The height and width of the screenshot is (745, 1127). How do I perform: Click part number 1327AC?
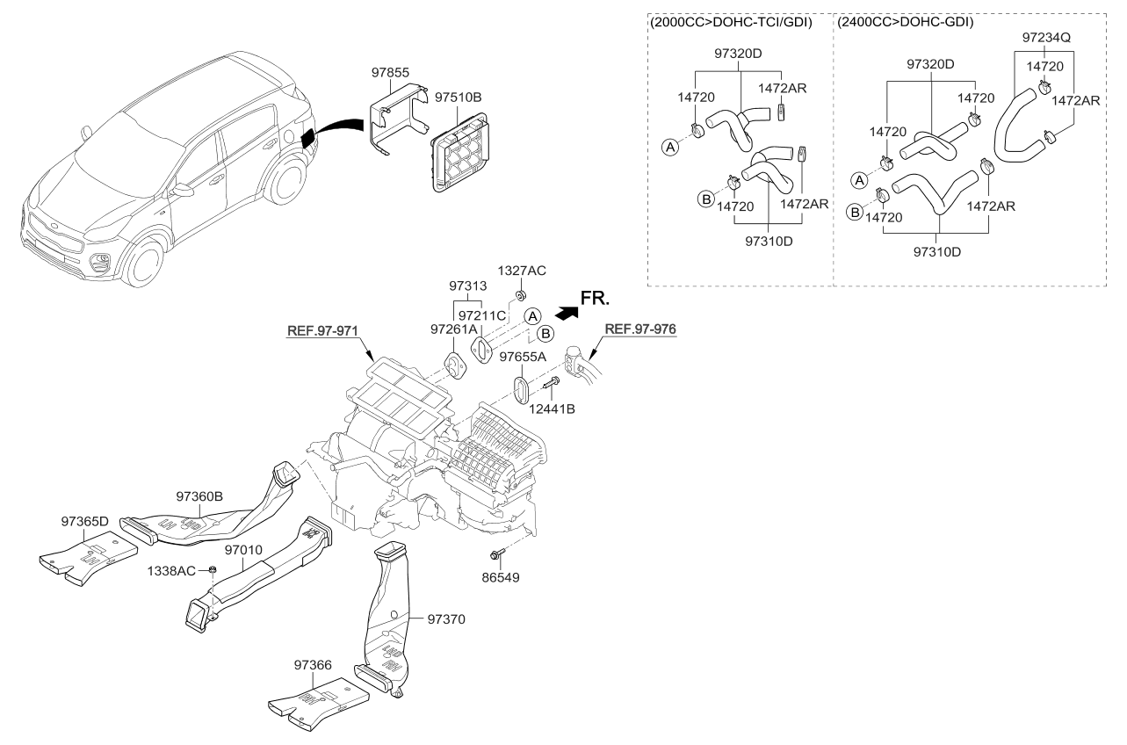[x=522, y=271]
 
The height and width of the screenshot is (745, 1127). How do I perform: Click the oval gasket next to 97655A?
[x=519, y=389]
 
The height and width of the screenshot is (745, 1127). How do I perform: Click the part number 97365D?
[x=85, y=521]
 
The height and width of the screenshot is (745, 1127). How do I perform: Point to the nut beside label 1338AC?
[x=213, y=570]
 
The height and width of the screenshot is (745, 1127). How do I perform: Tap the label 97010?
[x=243, y=549]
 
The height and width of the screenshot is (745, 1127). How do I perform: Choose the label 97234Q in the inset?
[x=1045, y=39]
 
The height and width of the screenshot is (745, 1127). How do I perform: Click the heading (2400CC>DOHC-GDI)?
[x=905, y=21]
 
